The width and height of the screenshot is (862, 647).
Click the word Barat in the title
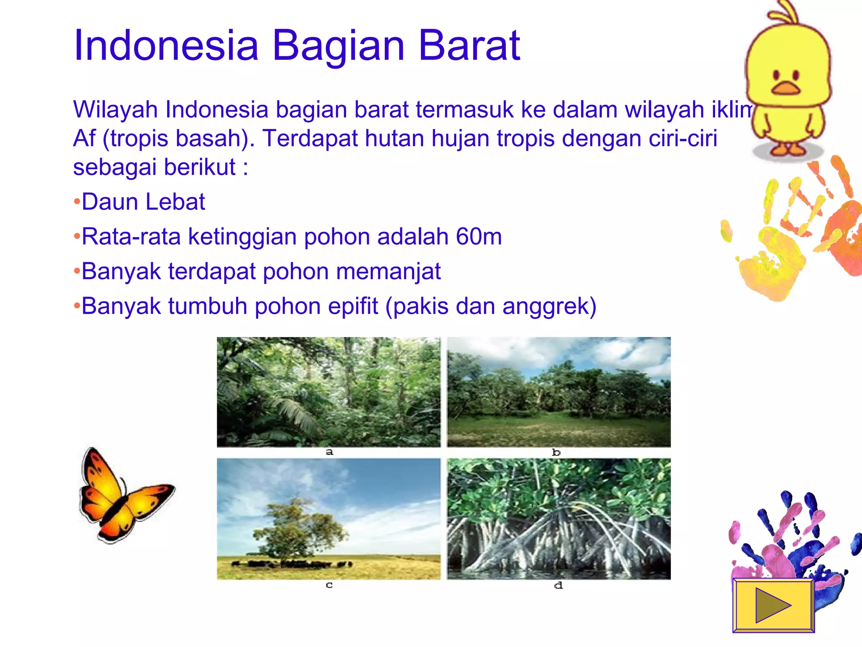[x=469, y=45]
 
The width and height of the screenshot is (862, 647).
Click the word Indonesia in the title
[x=166, y=45]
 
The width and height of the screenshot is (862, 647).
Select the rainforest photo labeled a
[x=328, y=392]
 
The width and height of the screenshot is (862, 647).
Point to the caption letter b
[x=556, y=452]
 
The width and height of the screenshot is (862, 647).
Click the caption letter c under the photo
[x=329, y=585]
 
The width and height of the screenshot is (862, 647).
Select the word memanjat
[x=388, y=271]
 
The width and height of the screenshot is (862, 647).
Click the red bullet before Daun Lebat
[x=77, y=202]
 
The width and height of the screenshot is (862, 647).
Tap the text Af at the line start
[x=84, y=139]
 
